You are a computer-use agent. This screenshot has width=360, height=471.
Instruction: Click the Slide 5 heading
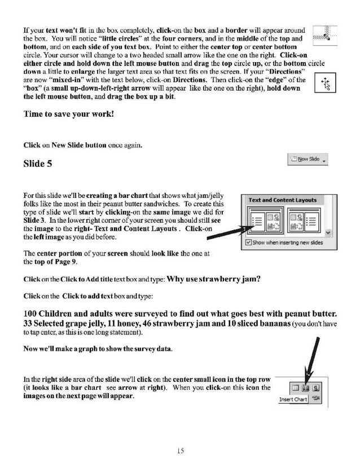click(38, 164)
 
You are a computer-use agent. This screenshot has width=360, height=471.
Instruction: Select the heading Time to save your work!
click(68, 114)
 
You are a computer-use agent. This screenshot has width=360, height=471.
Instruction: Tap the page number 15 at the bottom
click(180, 450)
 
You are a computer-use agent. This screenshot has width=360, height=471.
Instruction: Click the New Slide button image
click(308, 160)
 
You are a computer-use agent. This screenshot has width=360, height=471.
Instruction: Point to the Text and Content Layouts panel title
click(283, 200)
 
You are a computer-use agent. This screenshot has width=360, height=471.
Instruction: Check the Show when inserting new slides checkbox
click(249, 243)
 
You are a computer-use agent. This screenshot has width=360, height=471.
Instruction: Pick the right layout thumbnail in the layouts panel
click(301, 221)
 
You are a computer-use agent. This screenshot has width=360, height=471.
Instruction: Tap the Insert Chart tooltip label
click(293, 400)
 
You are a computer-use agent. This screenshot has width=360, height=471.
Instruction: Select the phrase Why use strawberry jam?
click(214, 279)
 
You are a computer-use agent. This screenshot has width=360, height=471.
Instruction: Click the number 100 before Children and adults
click(32, 314)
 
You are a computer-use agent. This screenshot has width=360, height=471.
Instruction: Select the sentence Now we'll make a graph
click(98, 349)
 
